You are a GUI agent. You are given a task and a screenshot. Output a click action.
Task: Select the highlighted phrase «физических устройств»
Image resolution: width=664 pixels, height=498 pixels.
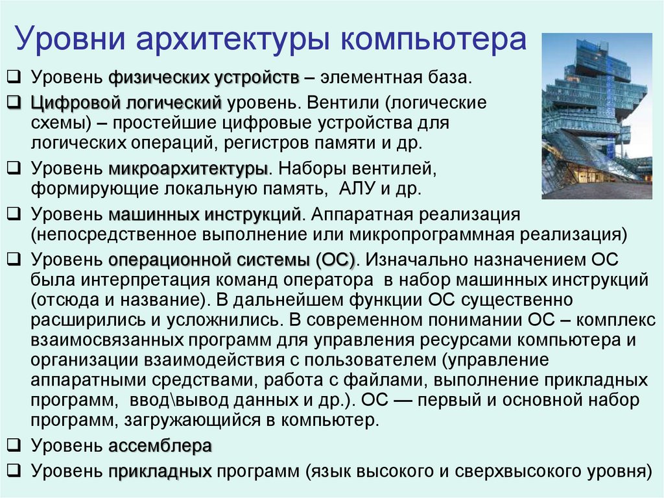[x=204, y=79]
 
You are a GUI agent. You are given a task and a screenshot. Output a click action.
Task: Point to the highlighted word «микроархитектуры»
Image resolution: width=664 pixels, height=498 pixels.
[x=188, y=170]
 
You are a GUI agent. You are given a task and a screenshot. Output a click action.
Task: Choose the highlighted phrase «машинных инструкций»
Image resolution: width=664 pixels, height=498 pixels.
[x=205, y=214]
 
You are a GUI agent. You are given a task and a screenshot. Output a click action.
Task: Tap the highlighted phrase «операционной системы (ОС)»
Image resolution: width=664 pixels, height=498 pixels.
[x=231, y=260]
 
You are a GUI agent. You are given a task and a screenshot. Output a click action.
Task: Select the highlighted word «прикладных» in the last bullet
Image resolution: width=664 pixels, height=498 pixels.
[x=160, y=470]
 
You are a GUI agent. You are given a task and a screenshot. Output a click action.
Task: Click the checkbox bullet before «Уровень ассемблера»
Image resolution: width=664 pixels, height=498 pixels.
[x=13, y=446]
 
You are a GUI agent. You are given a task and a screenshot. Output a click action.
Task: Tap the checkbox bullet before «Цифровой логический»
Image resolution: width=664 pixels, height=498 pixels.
[x=13, y=103]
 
